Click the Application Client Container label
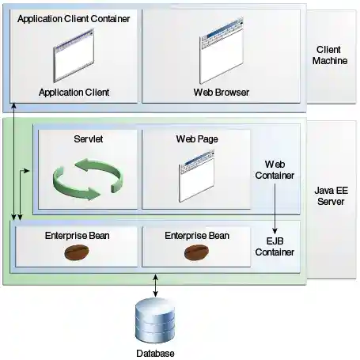click(74, 17)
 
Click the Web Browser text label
click(222, 93)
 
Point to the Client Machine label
click(330, 55)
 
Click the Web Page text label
click(197, 139)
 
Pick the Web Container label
click(274, 169)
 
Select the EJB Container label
click(275, 245)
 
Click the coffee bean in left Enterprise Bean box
click(76, 252)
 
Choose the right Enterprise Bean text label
click(197, 235)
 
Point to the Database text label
click(154, 353)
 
